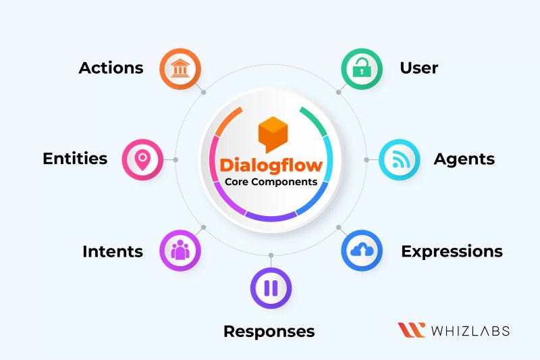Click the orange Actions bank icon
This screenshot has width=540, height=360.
click(x=180, y=68)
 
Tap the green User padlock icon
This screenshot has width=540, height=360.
click(x=361, y=68)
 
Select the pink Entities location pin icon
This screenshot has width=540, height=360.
click(x=142, y=160)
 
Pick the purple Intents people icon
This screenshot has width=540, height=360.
click(x=180, y=251)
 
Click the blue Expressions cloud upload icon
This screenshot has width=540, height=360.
click(x=361, y=251)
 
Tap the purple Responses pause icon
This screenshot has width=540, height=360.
click(x=271, y=288)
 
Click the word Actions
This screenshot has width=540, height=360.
click(x=111, y=68)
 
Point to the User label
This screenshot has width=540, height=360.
click(x=418, y=68)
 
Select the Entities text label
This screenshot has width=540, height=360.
click(x=75, y=159)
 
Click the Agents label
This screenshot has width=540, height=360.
click(x=464, y=160)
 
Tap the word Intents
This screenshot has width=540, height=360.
click(x=112, y=252)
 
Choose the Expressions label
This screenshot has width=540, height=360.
click(x=452, y=252)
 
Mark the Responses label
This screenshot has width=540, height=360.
click(x=269, y=332)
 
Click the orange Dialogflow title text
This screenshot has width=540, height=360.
click(x=271, y=165)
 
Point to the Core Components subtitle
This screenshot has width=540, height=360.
click(x=271, y=183)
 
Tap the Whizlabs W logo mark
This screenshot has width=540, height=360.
click(x=411, y=330)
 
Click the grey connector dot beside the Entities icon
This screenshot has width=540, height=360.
click(x=175, y=160)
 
